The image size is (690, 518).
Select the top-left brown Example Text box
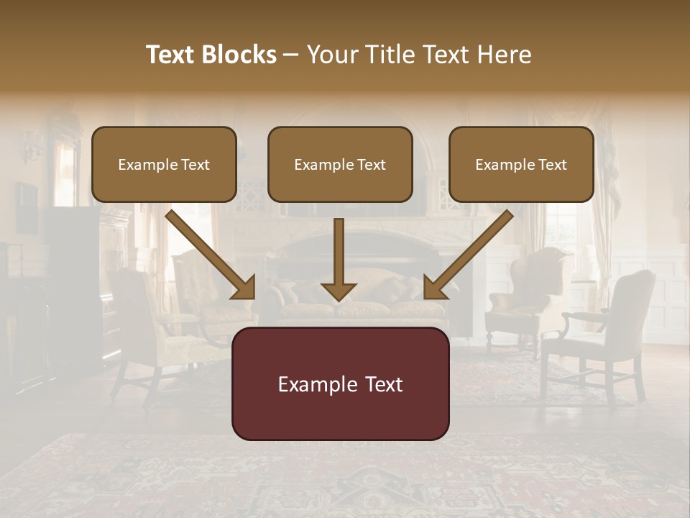(x=164, y=165)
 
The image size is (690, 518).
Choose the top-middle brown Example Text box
(x=340, y=165)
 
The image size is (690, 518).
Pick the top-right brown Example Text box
(x=521, y=165)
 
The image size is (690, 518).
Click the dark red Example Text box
(x=340, y=384)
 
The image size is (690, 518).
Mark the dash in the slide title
(x=291, y=55)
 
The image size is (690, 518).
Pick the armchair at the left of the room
(x=147, y=324)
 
